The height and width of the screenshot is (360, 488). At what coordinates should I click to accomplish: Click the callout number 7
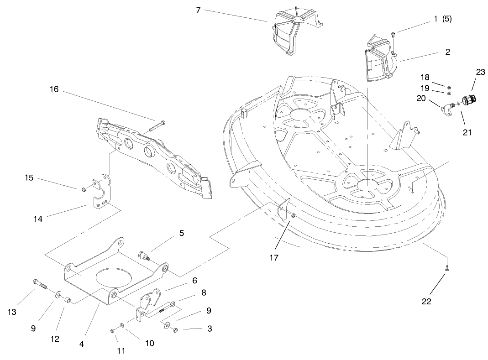click(x=198, y=10)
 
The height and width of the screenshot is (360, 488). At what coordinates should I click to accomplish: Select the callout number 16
click(x=54, y=89)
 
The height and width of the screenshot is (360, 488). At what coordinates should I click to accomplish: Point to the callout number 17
click(x=273, y=258)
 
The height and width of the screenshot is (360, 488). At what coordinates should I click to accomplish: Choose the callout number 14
click(x=38, y=219)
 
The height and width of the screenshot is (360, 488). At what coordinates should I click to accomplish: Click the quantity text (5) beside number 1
click(x=446, y=19)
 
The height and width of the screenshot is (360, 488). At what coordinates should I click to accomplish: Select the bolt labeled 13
click(x=40, y=285)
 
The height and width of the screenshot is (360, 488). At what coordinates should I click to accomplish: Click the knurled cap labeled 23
click(x=469, y=100)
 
